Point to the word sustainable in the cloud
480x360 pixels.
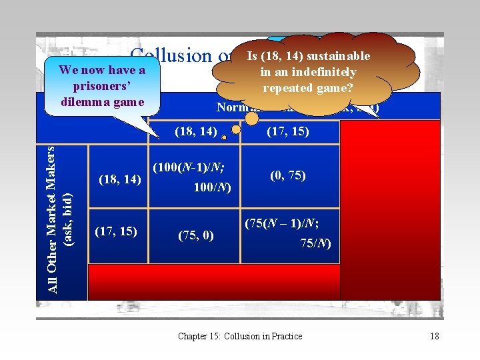[339, 57]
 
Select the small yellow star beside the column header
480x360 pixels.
[225, 137]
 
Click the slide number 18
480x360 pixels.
[434, 336]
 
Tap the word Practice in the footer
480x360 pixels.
[285, 336]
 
